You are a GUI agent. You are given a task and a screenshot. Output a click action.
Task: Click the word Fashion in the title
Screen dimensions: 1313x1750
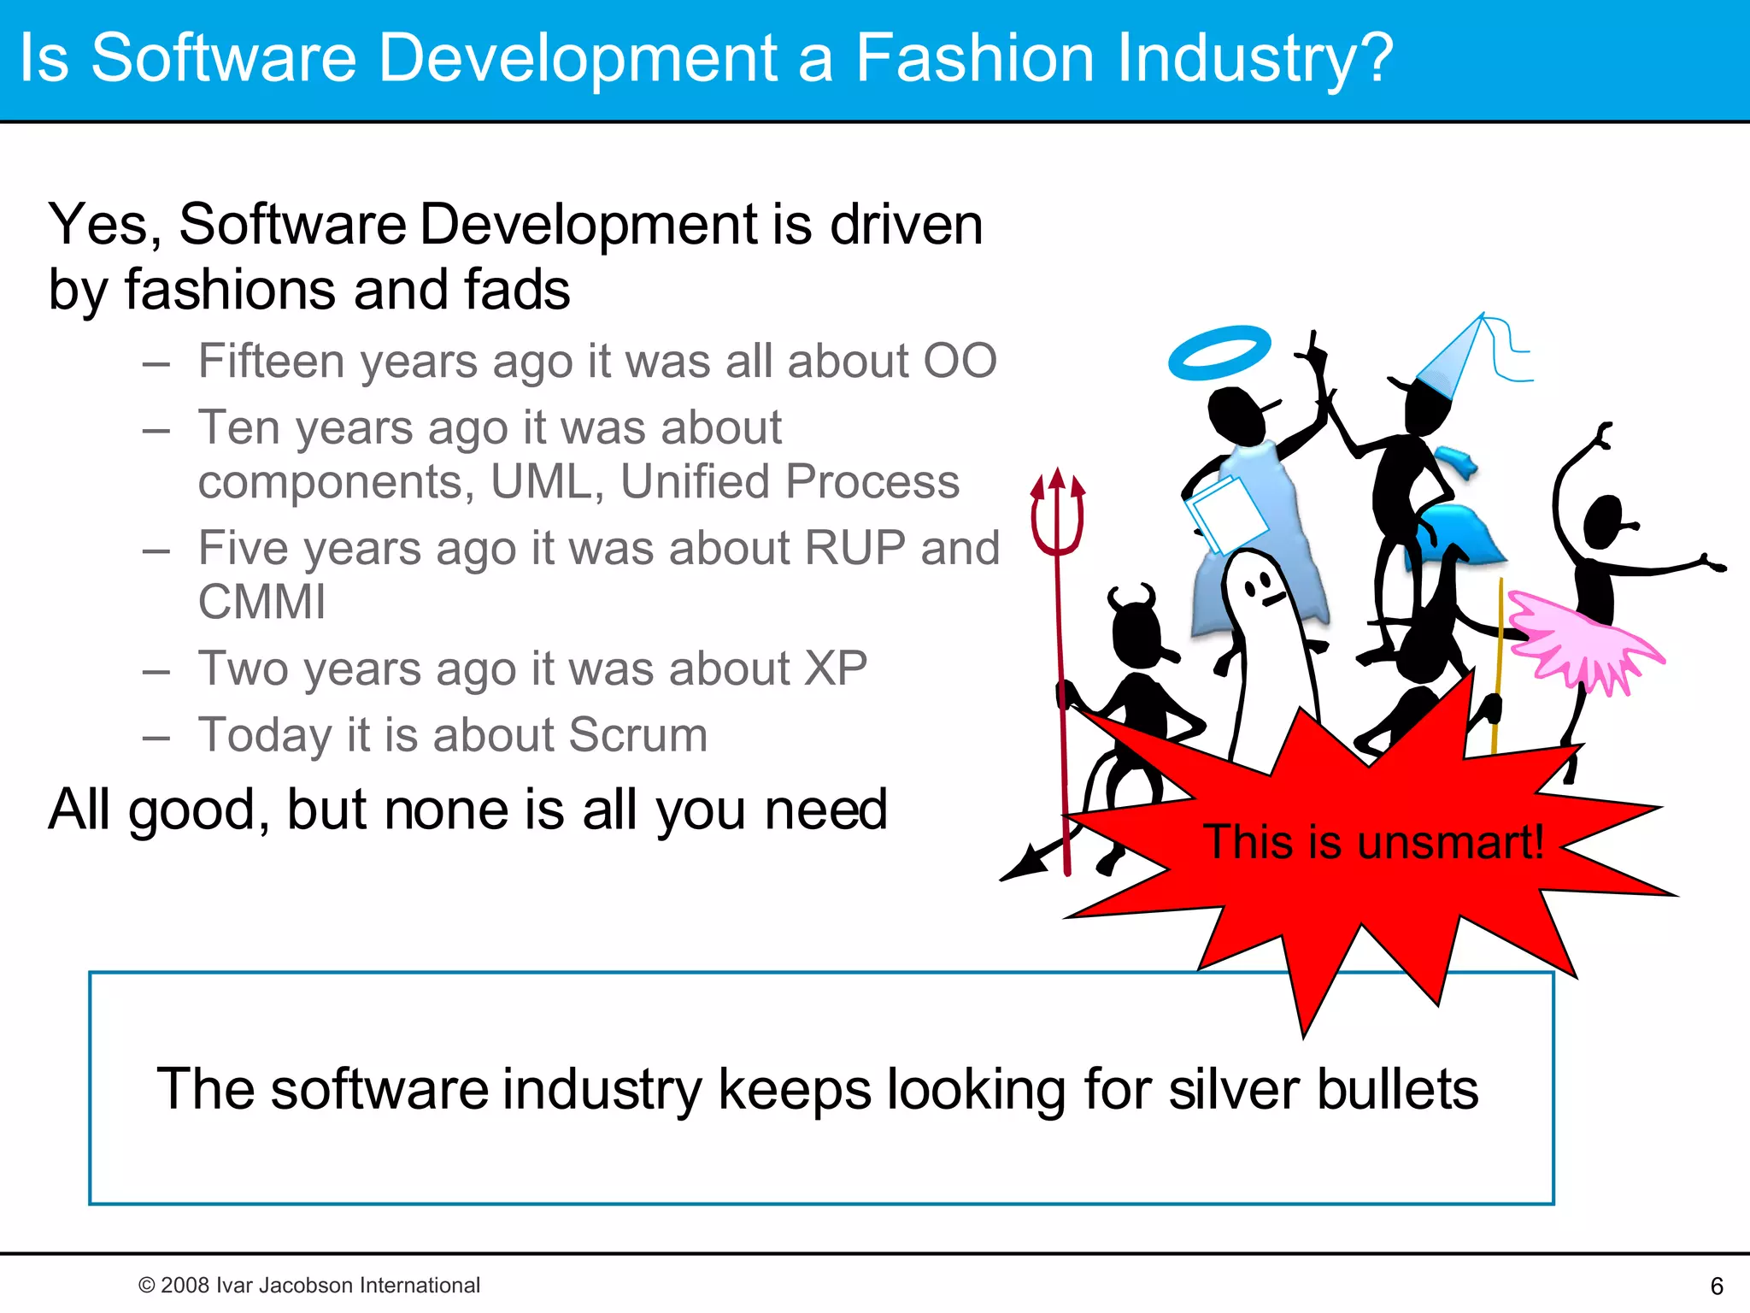coord(974,58)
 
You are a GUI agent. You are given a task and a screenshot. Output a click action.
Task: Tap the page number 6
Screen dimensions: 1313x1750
coord(1717,1286)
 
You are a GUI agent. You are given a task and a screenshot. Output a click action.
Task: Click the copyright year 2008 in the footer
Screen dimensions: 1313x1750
coord(185,1285)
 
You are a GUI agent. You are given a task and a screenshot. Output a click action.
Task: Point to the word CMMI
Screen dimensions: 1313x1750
coord(261,602)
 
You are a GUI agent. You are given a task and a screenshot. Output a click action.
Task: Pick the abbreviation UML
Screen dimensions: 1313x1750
coord(541,482)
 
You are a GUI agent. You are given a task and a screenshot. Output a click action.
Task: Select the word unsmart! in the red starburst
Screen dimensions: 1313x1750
coord(1450,842)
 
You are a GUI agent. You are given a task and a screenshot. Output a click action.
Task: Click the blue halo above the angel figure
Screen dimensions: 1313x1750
coord(1219,351)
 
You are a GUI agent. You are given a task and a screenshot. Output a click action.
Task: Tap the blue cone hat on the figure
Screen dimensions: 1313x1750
coord(1453,359)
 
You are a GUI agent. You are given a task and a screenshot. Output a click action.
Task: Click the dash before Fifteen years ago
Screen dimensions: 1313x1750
coord(156,363)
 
